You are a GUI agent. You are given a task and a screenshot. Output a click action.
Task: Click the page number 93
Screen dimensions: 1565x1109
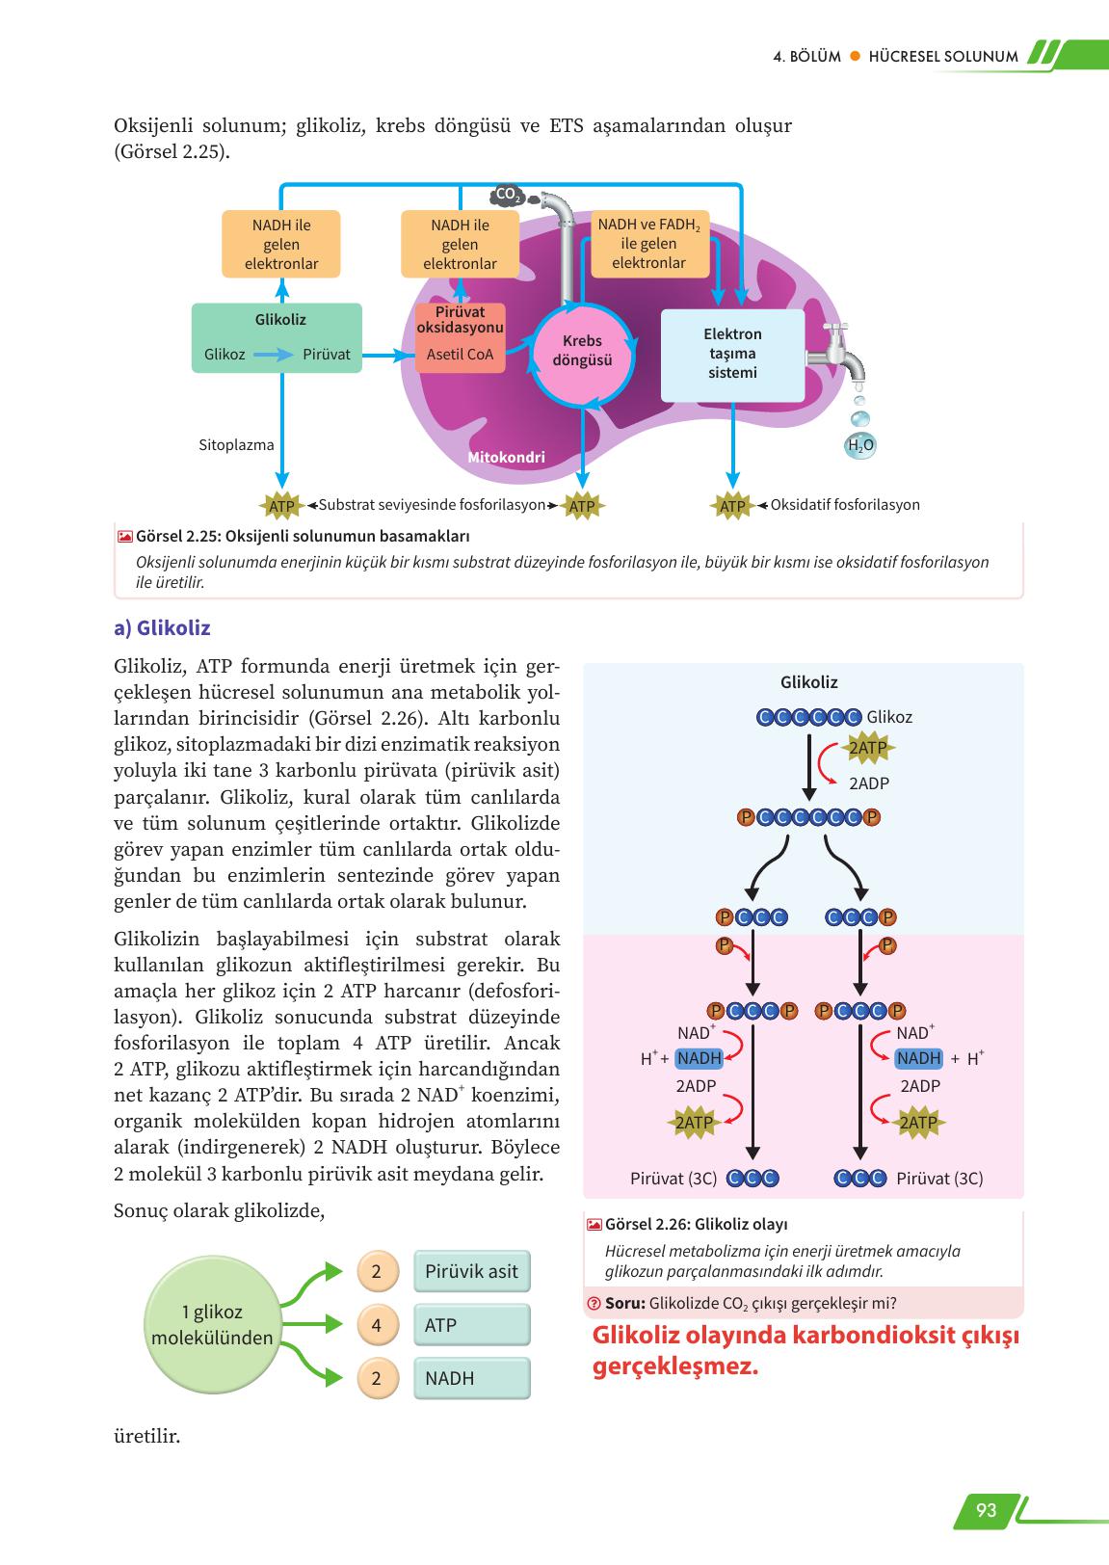click(x=985, y=1509)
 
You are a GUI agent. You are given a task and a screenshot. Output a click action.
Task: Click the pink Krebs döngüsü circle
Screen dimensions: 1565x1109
click(x=582, y=353)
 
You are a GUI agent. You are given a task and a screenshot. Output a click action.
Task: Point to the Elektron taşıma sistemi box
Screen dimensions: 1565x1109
click(x=732, y=354)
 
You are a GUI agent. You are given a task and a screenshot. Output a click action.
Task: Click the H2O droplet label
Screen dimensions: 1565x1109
click(x=858, y=445)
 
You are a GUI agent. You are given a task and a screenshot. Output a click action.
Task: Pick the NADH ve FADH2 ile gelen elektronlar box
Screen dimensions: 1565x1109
click(x=648, y=244)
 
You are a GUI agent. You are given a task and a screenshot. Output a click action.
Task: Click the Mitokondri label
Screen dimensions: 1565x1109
click(x=506, y=458)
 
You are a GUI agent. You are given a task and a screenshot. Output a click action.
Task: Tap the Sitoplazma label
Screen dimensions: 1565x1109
click(x=236, y=445)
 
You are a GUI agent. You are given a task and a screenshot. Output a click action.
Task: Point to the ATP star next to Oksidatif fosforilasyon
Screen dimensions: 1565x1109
click(x=732, y=506)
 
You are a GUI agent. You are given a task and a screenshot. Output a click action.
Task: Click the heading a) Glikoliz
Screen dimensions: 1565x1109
click(x=162, y=628)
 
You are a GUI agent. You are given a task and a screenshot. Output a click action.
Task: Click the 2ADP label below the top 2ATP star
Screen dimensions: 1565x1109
click(x=869, y=783)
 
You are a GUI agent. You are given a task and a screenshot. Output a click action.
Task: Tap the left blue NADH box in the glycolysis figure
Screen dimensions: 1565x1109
click(x=700, y=1058)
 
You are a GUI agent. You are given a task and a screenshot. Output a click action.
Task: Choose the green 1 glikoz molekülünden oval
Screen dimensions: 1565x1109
click(x=212, y=1325)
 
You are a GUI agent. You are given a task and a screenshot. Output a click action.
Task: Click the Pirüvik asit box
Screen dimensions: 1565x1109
click(x=472, y=1271)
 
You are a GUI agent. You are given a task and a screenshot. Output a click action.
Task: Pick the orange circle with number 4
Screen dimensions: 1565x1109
click(x=377, y=1325)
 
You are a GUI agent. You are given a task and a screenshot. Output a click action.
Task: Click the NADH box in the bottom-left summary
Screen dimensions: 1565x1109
click(x=472, y=1378)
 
